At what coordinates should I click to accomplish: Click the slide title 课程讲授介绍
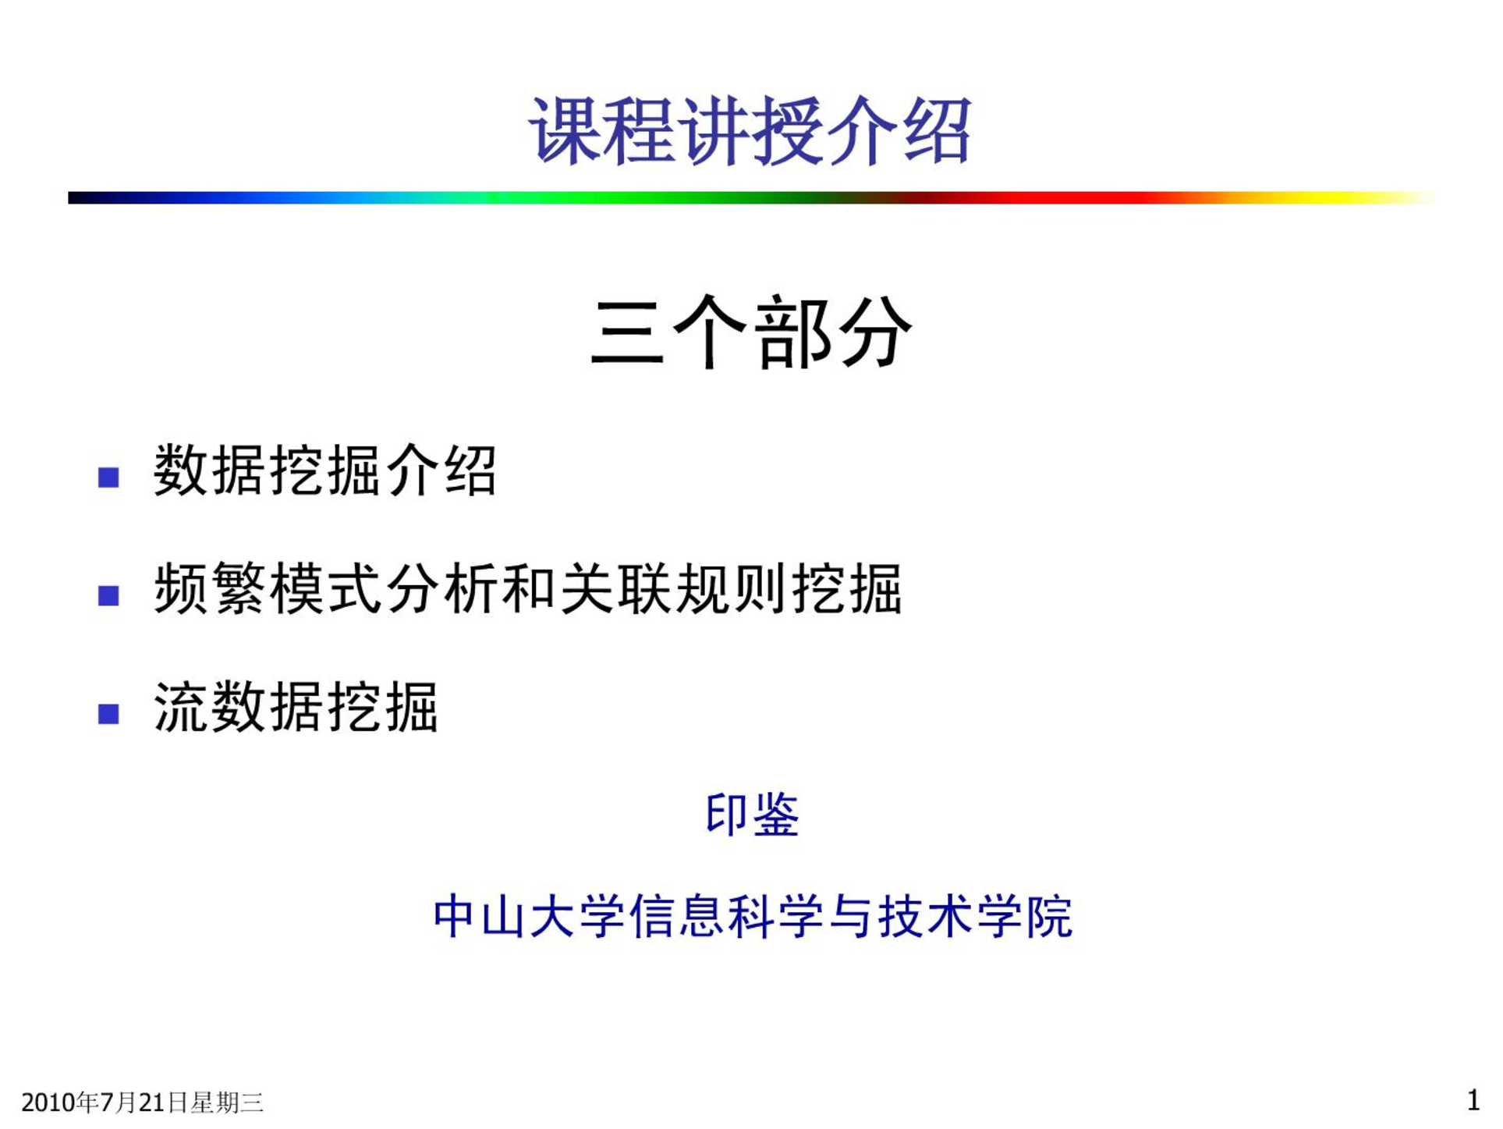tap(750, 130)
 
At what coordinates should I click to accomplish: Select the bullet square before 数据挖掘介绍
tap(108, 477)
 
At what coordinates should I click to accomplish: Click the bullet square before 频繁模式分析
tap(108, 595)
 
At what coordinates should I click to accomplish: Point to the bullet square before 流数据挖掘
tap(108, 713)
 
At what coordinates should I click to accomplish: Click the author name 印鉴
tap(752, 815)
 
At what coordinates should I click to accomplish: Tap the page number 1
tap(1473, 1100)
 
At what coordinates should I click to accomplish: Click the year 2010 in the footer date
tap(49, 1102)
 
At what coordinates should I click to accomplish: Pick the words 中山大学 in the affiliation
tap(530, 916)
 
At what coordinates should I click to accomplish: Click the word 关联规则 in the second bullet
tap(675, 589)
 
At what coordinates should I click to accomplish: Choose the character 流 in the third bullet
tap(181, 707)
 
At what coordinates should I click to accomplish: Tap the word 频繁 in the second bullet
tap(211, 589)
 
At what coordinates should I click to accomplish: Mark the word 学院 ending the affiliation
tap(1025, 916)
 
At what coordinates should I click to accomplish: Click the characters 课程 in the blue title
tap(601, 130)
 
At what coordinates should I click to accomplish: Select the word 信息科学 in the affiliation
tap(725, 916)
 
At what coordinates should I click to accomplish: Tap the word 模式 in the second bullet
tap(326, 589)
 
